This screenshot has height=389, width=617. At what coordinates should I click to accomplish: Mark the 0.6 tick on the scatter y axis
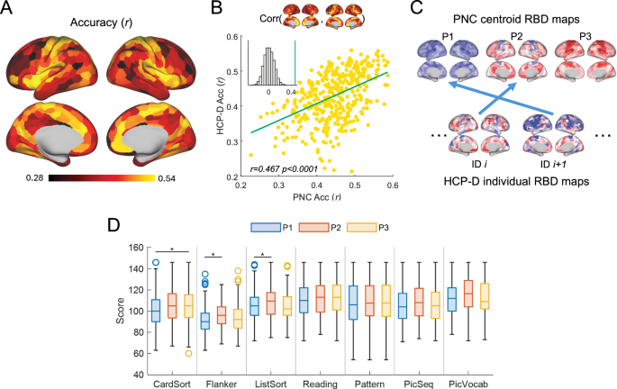tap(231, 36)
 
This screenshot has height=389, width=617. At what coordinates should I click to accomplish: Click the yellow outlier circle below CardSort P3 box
tap(188, 352)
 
